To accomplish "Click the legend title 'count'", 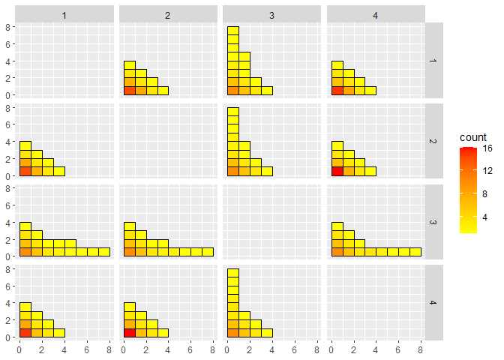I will click(x=473, y=138).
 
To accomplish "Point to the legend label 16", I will click(x=487, y=148).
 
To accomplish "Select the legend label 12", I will click(x=487, y=170).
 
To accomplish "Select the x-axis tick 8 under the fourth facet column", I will click(x=420, y=349).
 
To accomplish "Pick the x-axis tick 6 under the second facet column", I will click(x=190, y=349).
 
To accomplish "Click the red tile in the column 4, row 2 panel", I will click(x=336, y=171).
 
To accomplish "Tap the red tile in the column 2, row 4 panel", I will click(x=129, y=332).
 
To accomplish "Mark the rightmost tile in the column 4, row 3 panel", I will click(x=415, y=252).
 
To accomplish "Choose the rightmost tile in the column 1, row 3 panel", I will click(x=104, y=252).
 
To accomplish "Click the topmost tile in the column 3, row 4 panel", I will click(x=232, y=273).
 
